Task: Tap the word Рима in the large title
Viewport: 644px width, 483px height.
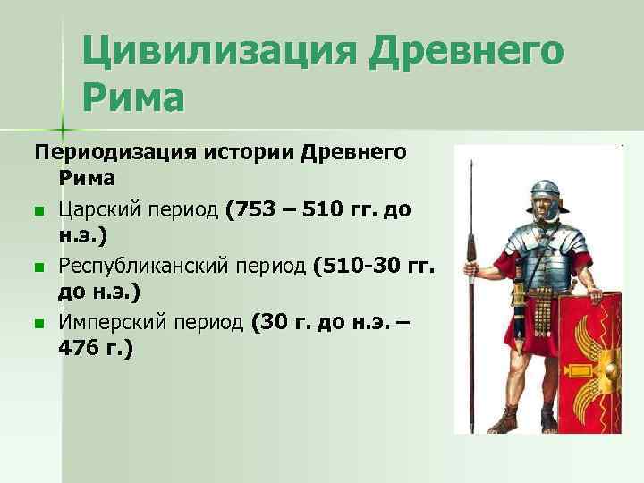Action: click(134, 95)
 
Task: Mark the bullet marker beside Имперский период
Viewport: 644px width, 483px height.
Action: click(39, 324)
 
